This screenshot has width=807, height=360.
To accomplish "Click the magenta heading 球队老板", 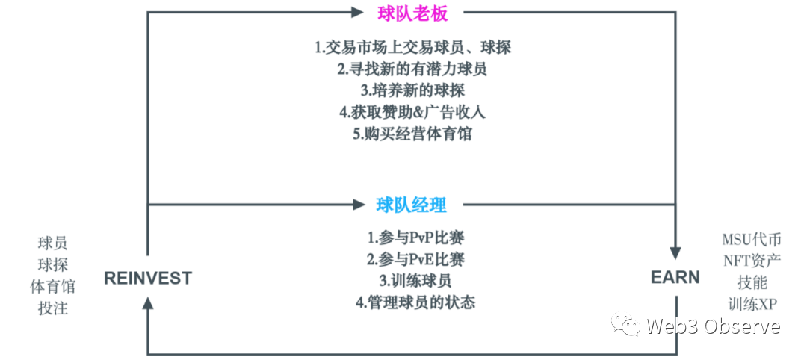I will tap(410, 13).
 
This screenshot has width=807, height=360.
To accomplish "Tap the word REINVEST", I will tap(148, 279).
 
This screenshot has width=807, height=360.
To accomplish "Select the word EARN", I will tap(675, 278).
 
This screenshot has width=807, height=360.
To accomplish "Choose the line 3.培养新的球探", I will tap(412, 90).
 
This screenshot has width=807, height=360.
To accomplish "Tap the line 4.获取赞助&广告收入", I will tap(412, 113).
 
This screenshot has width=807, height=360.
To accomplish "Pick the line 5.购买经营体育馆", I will tap(412, 134).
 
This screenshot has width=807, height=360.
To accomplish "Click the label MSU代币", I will tap(751, 240).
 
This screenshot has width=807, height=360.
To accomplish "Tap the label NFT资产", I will tap(751, 261).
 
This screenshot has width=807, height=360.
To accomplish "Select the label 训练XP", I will tap(751, 305).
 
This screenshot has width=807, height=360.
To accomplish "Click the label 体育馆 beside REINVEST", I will tap(52, 286).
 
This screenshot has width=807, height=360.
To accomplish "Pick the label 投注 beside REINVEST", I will tap(52, 308).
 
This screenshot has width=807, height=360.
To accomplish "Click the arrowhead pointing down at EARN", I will tap(675, 252).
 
